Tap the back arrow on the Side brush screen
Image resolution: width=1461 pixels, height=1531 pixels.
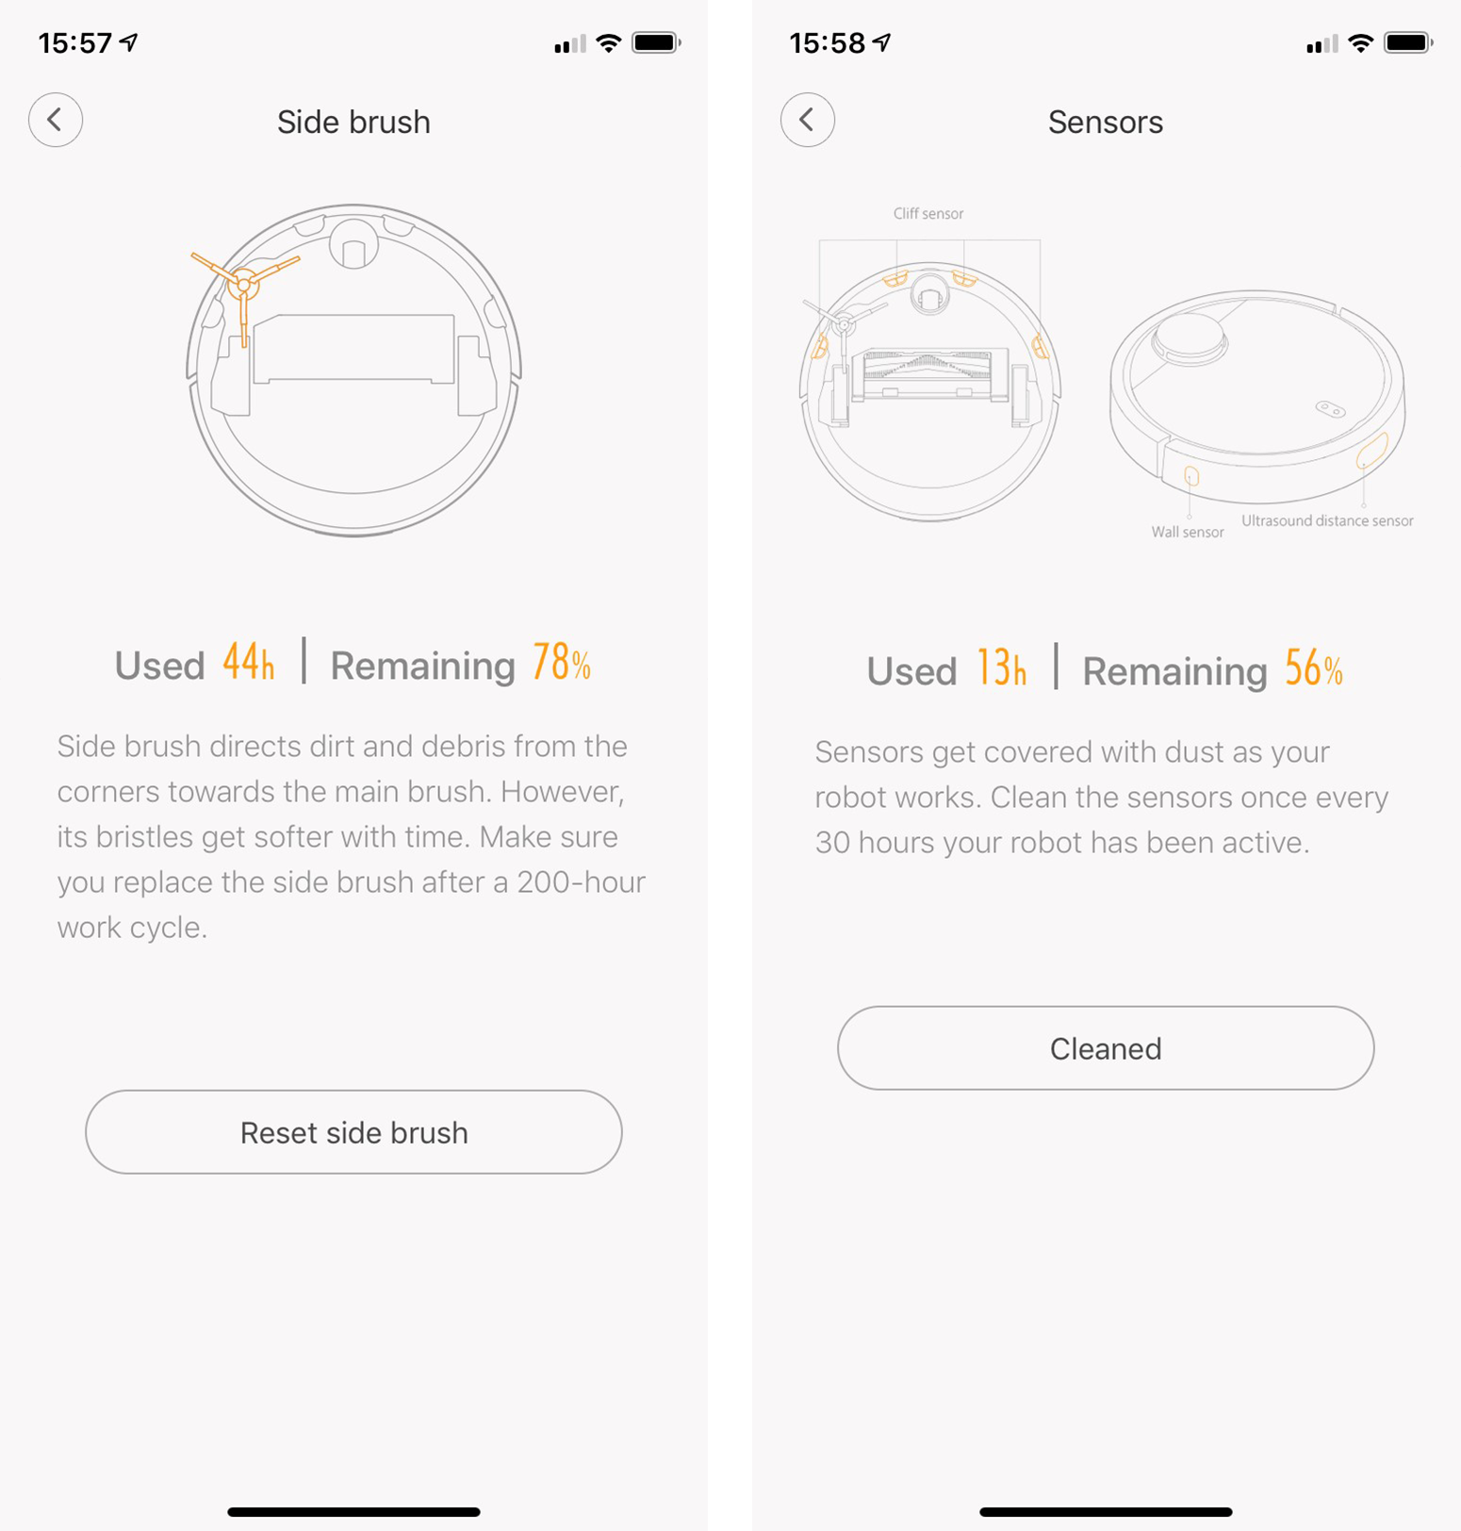coord(56,120)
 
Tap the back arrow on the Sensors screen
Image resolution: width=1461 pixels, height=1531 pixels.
coord(808,120)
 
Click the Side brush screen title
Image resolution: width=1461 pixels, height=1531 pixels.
coord(353,123)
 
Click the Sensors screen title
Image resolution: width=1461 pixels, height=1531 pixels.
coord(1106,123)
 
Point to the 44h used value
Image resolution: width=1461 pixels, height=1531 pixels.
coord(249,662)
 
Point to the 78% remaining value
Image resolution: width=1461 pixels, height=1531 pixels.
coord(562,662)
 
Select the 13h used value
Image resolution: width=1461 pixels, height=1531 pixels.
coord(1001,667)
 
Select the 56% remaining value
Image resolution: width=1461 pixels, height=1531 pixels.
coord(1314,667)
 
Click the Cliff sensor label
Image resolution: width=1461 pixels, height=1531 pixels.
coord(928,214)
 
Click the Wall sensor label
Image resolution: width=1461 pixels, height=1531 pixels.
coord(1188,533)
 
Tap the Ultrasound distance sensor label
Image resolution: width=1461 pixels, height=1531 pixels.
coord(1327,520)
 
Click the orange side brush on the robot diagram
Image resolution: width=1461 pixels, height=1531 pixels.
coord(243,283)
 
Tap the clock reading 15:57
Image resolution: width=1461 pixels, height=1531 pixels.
coord(75,43)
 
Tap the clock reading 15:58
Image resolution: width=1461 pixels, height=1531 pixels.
coord(828,43)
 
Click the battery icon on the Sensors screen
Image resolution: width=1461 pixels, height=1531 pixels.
coord(1408,42)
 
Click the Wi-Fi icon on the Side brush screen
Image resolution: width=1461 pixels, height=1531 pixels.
coord(609,42)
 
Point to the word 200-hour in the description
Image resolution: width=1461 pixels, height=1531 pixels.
coord(581,882)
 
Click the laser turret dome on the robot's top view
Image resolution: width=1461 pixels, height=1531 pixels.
coord(1190,337)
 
